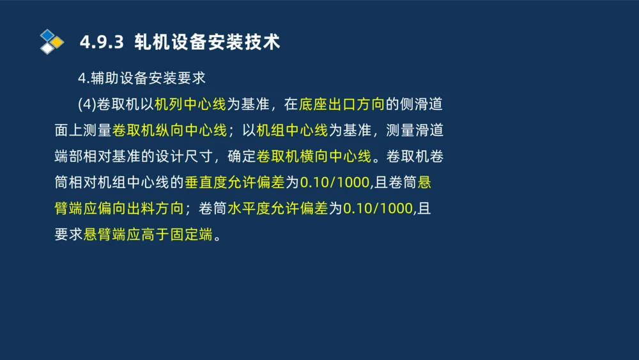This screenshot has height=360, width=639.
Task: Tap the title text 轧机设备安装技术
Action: pos(207,42)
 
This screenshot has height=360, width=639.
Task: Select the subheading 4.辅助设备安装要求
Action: pos(142,78)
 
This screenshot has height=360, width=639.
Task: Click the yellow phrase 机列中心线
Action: pos(190,104)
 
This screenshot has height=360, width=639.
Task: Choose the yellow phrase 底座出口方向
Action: pos(343,104)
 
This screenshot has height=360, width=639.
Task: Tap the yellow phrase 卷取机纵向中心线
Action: pos(169,130)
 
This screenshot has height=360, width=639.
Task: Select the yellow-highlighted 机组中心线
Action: pos(292,130)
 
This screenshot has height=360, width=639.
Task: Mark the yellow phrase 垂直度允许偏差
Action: pos(235,183)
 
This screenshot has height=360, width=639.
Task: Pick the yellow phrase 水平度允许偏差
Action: pos(277,208)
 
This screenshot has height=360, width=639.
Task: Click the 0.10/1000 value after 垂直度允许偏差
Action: pos(335,183)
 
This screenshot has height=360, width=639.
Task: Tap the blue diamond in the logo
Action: pos(47,35)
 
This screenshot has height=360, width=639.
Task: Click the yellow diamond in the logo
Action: pos(58,42)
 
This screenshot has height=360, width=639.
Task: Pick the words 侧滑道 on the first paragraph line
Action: pos(422,104)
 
